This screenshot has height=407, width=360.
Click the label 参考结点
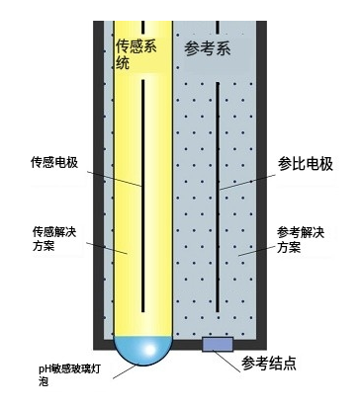tap(275, 364)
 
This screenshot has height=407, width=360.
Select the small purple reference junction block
tap(218, 344)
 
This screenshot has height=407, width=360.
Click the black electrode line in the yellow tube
tap(143, 198)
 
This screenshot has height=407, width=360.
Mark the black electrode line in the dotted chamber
tap(218, 198)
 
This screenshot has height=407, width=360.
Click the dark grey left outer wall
tap(99, 198)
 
